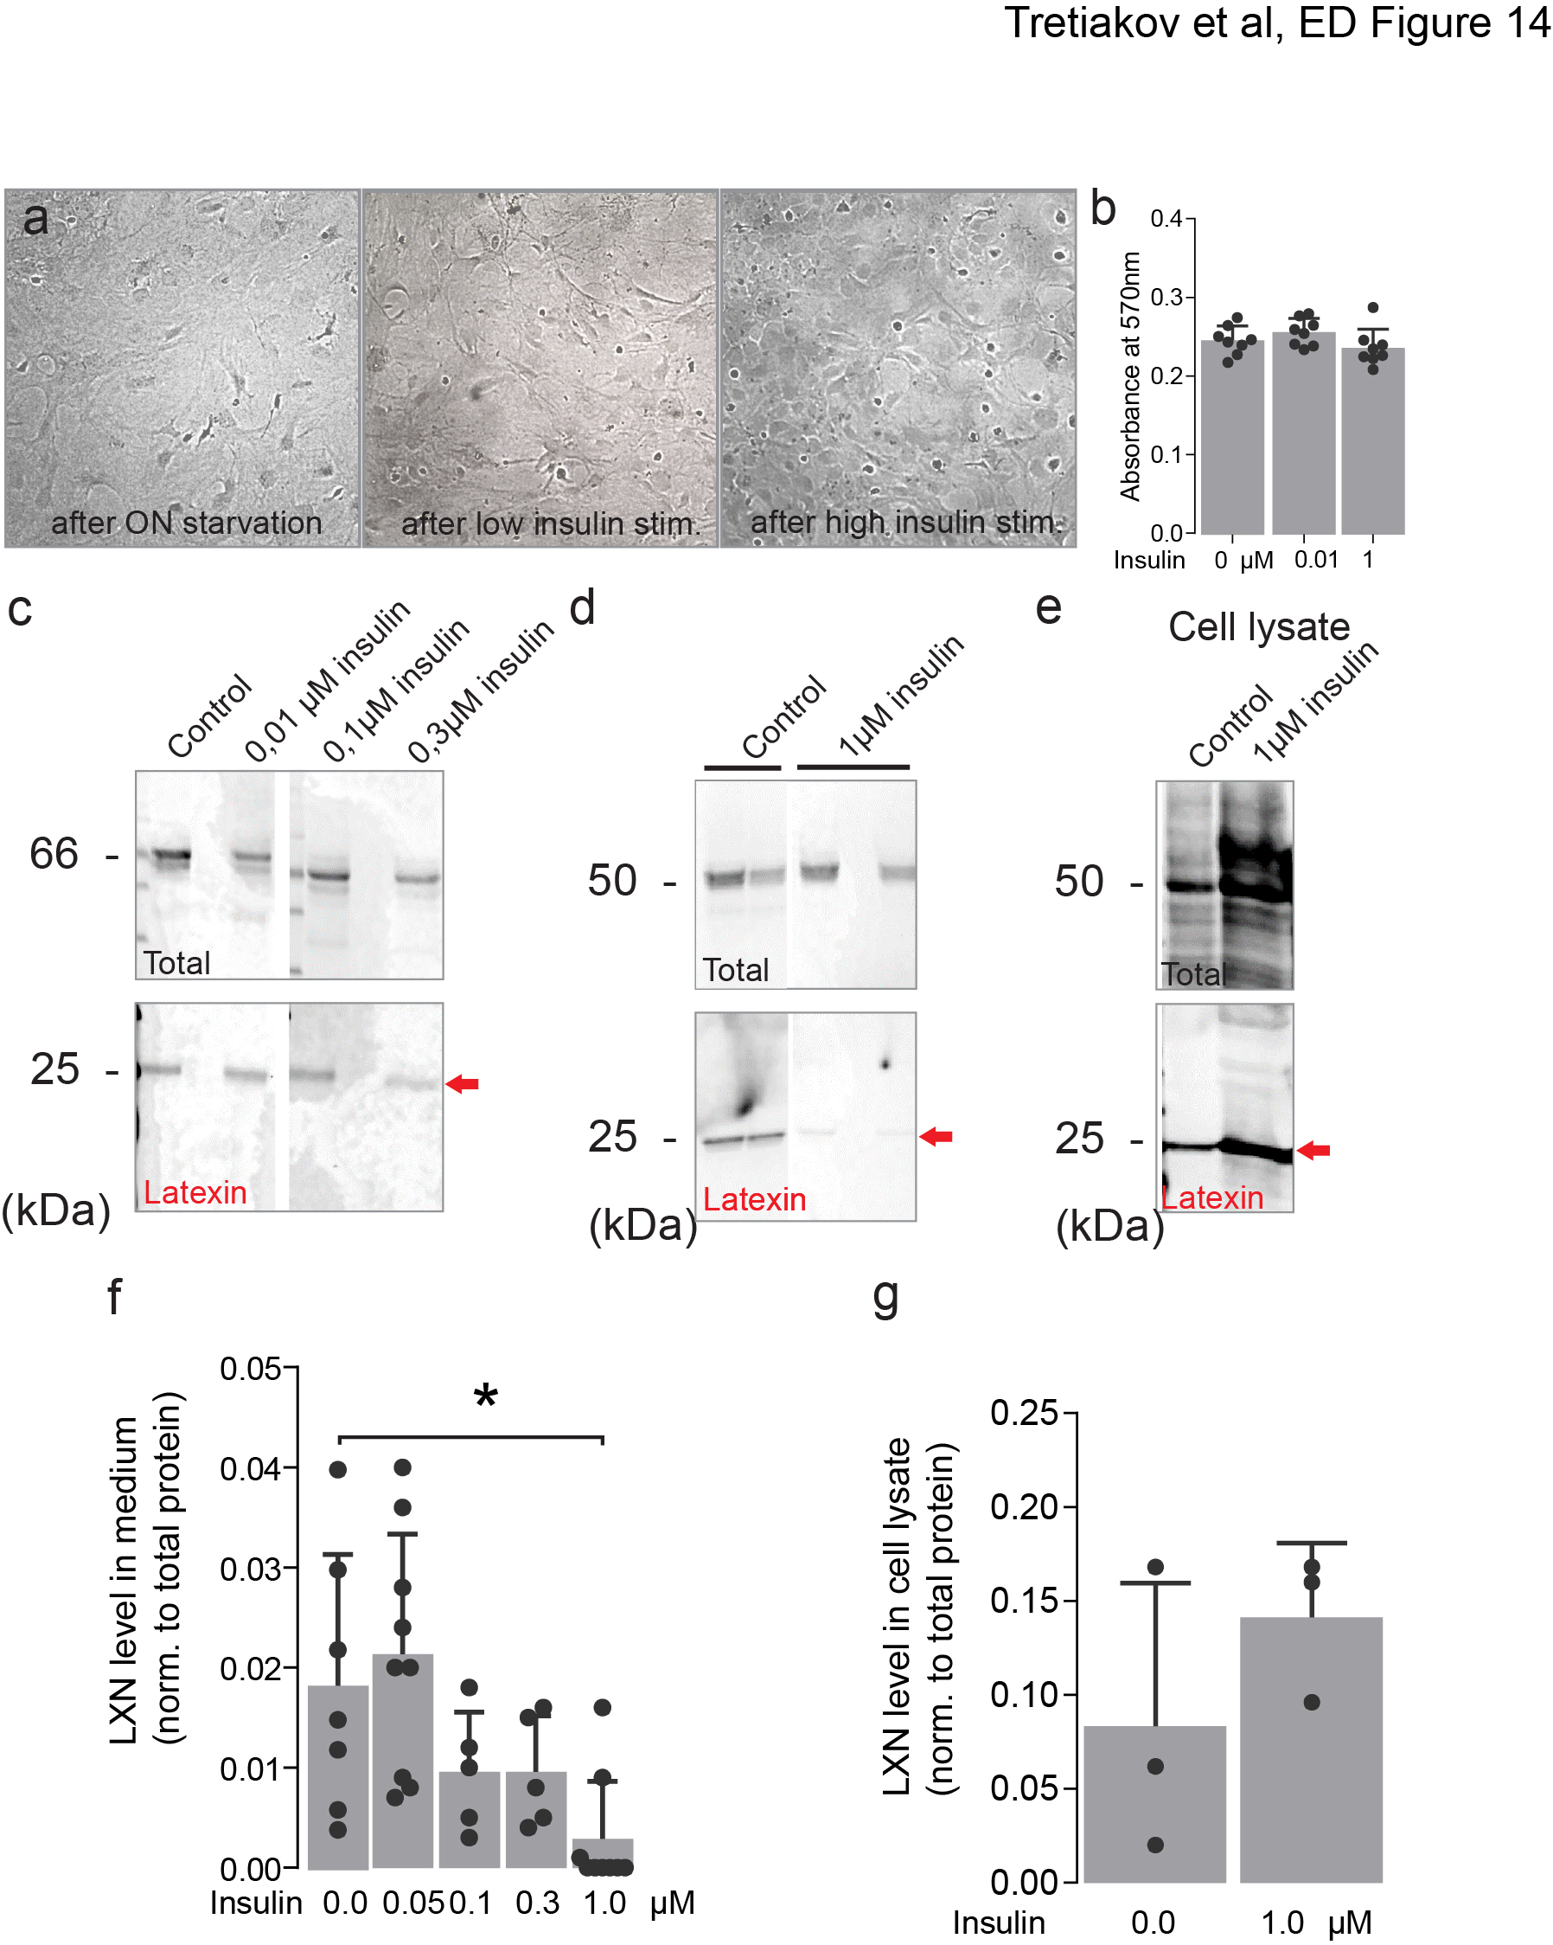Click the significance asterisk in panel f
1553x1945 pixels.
coord(485,1396)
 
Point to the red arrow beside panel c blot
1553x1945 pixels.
coord(463,1083)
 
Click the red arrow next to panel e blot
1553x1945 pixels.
coord(1313,1149)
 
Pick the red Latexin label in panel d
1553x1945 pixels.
coord(754,1199)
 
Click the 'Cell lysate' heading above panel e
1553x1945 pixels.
coord(1258,627)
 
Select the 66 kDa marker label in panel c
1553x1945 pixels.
coord(54,853)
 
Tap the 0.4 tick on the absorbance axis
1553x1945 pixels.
coord(1166,219)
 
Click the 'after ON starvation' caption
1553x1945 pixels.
coord(186,523)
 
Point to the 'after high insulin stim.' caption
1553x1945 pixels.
coord(905,522)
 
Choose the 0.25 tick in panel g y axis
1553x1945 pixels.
coord(1024,1413)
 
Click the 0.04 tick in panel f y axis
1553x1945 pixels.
coord(251,1468)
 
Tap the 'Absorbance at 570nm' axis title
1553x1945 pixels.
coord(1130,376)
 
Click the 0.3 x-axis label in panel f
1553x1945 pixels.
coord(537,1903)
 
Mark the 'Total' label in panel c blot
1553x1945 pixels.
coord(176,964)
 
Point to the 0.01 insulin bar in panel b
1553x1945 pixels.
coord(1303,433)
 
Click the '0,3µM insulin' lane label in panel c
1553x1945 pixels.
coord(480,693)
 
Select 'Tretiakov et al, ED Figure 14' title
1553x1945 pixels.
coord(1276,22)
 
